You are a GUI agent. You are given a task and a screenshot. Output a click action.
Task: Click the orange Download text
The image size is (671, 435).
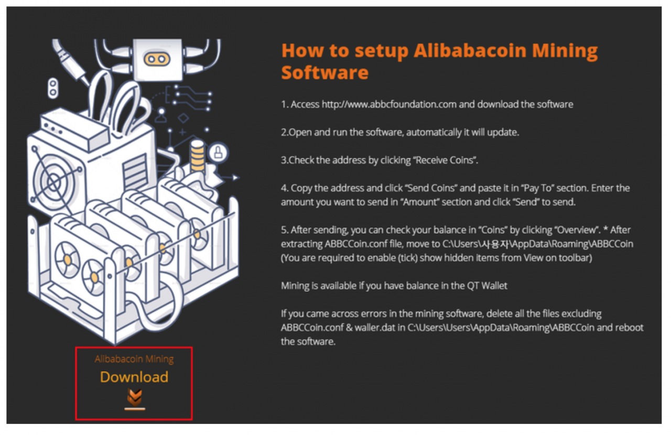(x=134, y=377)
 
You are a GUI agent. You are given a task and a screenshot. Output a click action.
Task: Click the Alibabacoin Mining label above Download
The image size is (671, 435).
(x=134, y=359)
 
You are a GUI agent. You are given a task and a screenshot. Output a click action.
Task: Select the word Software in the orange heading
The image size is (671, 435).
(x=325, y=72)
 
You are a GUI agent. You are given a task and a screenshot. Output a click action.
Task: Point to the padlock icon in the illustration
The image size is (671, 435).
(x=217, y=153)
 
